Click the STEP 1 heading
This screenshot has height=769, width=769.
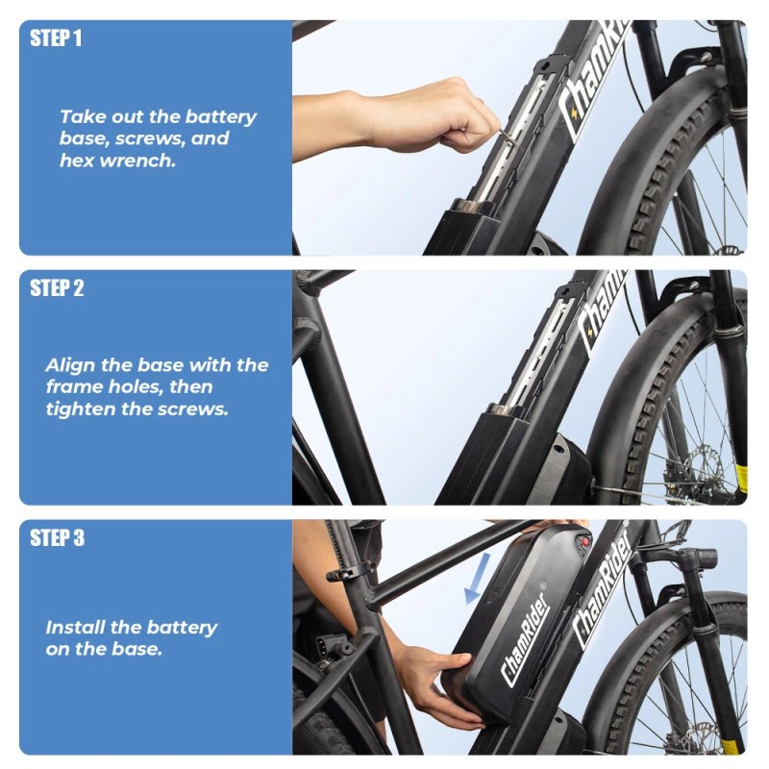pyautogui.click(x=56, y=38)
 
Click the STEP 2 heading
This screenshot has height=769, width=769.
pyautogui.click(x=57, y=288)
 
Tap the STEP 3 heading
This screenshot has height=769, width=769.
pyautogui.click(x=57, y=538)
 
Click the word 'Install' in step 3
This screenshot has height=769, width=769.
pyautogui.click(x=75, y=628)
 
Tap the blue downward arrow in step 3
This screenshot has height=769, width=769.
pyautogui.click(x=475, y=578)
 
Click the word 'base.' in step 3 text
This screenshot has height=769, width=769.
pyautogui.click(x=138, y=649)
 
